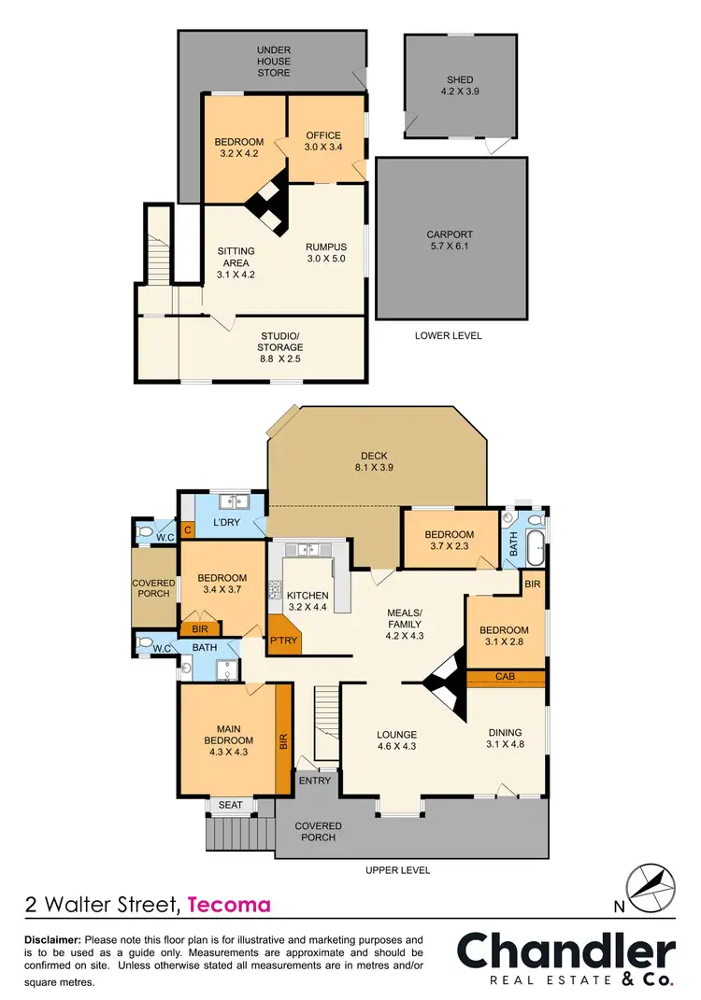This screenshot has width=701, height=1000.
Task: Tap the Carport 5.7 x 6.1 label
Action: pos(450,241)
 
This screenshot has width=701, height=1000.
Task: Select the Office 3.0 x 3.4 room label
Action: pos(322,141)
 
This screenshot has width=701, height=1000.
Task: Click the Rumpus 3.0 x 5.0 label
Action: pos(325,253)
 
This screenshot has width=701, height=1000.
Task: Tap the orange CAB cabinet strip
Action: pos(506,677)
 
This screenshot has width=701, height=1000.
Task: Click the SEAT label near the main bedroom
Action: pos(229,806)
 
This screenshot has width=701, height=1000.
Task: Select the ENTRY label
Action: pos(315,781)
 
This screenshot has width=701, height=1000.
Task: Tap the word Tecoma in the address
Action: pos(230,905)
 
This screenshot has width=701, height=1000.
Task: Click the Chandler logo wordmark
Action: pos(565,952)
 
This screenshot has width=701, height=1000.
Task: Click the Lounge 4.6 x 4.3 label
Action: pos(397,740)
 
